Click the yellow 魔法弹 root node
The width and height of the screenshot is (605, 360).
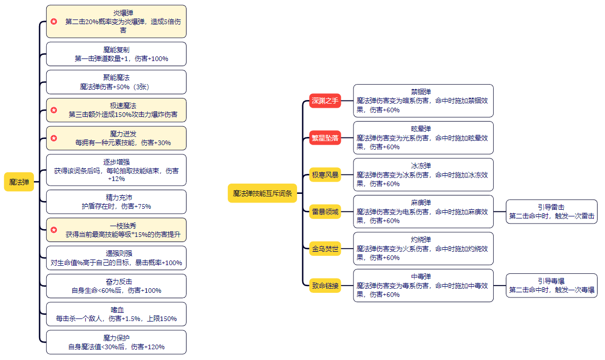[19, 182]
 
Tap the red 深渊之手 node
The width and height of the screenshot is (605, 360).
[325, 101]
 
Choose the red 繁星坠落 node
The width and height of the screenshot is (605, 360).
[325, 137]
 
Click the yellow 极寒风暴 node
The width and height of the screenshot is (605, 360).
[325, 175]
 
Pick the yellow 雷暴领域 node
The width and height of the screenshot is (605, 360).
[325, 212]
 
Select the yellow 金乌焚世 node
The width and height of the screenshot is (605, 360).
[325, 249]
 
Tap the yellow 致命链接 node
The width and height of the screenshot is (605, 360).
[325, 286]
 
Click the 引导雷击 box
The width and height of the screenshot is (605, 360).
[552, 212]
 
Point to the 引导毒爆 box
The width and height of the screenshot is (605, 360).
[552, 286]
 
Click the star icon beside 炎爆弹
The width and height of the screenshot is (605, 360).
[54, 22]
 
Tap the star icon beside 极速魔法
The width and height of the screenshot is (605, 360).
[54, 110]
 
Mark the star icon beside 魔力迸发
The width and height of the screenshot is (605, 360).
[54, 138]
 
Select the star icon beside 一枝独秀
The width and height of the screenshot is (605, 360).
[54, 230]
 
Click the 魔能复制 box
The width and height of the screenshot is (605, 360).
[116, 54]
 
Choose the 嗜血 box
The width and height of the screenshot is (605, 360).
[116, 314]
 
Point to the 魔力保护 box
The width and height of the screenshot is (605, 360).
[116, 342]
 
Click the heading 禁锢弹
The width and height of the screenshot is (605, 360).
[421, 92]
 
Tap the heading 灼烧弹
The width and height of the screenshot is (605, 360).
[421, 239]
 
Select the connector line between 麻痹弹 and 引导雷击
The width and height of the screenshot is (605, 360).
[500, 212]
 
